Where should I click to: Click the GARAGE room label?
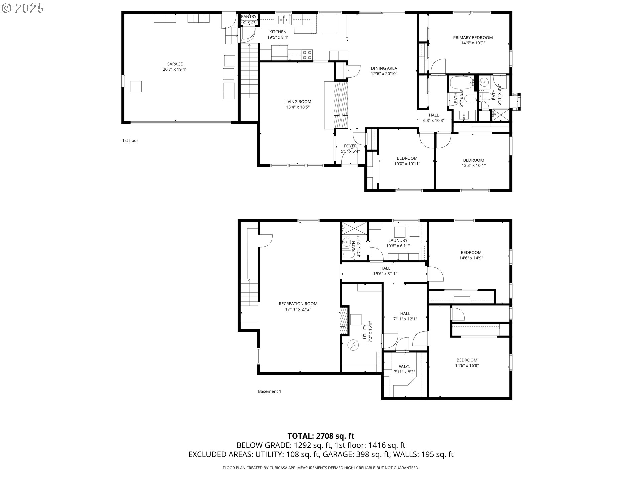175,64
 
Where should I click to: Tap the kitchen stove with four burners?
307,55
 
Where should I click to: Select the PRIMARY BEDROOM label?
473,38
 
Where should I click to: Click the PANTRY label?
249,17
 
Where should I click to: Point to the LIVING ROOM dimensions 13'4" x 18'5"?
298,107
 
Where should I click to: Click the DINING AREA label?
384,68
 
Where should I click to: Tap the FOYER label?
350,146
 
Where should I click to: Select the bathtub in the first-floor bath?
461,82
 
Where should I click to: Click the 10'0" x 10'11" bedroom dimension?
407,164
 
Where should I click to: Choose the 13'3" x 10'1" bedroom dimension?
473,165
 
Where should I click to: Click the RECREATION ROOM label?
298,304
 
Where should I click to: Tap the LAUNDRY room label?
398,240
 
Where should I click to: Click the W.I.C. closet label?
404,366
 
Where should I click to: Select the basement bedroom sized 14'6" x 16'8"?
467,363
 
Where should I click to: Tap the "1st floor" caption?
130,140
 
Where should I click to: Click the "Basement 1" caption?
270,391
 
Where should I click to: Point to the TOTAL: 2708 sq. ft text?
321,436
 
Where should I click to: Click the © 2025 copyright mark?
23,8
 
